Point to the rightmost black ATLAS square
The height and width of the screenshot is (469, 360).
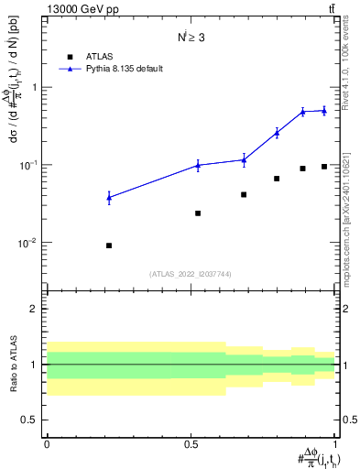click(x=324, y=166)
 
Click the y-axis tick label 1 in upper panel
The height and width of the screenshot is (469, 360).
click(x=36, y=87)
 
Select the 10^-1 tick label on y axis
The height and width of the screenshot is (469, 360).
click(x=30, y=165)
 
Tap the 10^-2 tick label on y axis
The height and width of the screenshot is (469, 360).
click(x=30, y=243)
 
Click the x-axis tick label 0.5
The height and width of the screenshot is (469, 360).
click(x=191, y=444)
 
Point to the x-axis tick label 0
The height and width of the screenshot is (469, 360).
click(x=47, y=444)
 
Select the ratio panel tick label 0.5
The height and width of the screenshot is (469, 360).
click(x=31, y=420)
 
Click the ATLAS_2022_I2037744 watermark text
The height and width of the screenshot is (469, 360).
click(x=191, y=273)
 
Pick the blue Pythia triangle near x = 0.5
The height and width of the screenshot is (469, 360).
click(x=198, y=165)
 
